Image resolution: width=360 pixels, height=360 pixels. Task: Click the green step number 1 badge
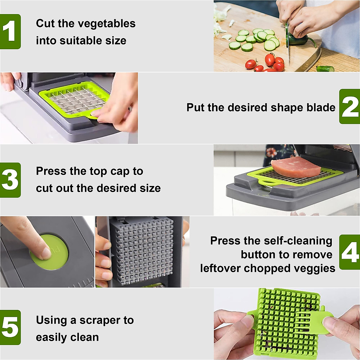10,31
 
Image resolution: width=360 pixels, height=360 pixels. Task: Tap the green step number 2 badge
349,106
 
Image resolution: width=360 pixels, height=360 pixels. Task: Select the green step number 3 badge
10,180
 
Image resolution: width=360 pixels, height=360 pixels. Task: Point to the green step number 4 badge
349,252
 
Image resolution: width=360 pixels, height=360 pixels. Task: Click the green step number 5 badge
10,327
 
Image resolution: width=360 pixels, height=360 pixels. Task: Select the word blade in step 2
320,107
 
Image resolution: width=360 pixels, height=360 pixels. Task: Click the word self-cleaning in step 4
302,241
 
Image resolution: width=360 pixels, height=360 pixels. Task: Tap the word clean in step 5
84,337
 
